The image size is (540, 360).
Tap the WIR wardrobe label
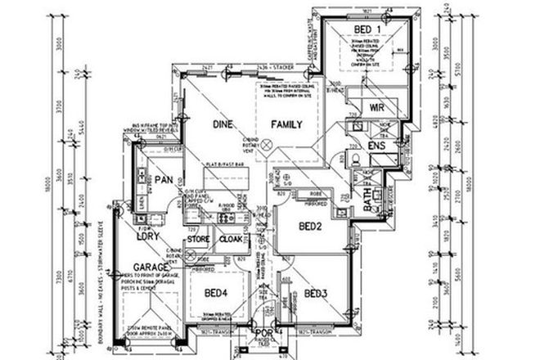[377, 106]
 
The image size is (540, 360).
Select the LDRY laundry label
[147, 237]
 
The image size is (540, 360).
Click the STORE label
[199, 241]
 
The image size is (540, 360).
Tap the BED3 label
[316, 293]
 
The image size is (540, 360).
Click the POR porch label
[264, 334]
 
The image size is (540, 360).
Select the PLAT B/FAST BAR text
[227, 164]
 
